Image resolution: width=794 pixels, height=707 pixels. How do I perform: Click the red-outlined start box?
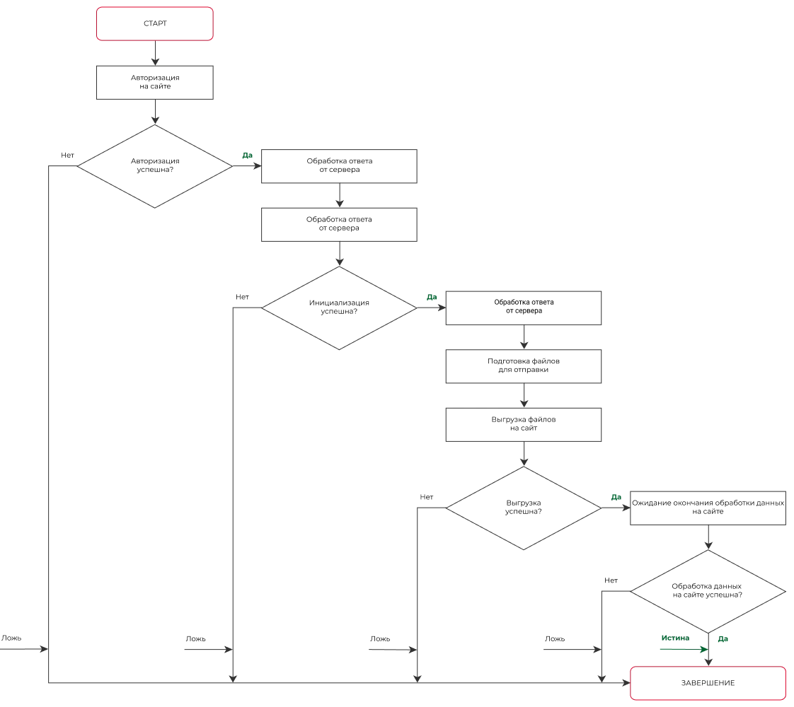click(155, 25)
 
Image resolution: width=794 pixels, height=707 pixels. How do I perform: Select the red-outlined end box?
click(708, 683)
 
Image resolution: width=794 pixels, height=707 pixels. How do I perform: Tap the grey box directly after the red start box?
click(155, 82)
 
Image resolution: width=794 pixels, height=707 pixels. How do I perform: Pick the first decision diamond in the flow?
click(155, 167)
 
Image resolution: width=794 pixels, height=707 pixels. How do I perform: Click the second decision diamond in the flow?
click(339, 308)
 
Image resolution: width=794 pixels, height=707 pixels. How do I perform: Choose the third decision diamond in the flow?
click(524, 507)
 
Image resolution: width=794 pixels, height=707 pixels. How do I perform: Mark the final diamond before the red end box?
click(709, 592)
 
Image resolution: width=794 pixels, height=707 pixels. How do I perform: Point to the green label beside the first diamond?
click(247, 156)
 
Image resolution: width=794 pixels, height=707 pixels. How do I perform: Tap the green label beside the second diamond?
click(431, 298)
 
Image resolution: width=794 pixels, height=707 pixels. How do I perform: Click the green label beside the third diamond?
click(616, 498)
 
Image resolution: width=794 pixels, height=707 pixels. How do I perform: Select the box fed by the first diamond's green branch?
click(339, 167)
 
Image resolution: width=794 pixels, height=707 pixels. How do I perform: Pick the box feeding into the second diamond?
click(339, 223)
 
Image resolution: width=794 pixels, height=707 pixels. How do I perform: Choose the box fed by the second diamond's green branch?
click(523, 308)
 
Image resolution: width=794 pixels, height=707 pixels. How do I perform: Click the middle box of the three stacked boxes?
click(523, 365)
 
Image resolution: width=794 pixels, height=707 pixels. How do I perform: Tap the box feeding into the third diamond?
click(523, 426)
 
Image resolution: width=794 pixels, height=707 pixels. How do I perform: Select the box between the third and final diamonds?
click(708, 506)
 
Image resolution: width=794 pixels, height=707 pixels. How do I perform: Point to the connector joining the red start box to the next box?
click(155, 53)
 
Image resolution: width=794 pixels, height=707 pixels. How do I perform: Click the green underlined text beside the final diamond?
click(674, 639)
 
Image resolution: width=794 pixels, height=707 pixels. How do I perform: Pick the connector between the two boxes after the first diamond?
click(339, 195)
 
